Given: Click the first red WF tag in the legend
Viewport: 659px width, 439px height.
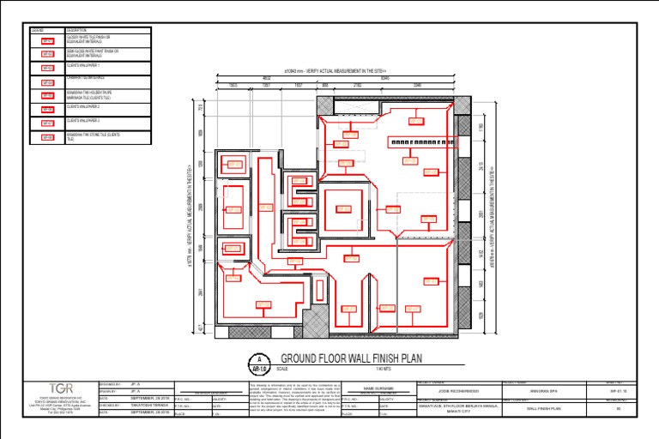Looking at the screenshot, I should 47,41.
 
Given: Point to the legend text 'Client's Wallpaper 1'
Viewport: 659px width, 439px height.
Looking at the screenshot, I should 83,65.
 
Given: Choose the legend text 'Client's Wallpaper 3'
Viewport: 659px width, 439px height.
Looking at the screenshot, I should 83,122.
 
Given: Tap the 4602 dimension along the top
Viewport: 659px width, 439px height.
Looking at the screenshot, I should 266,80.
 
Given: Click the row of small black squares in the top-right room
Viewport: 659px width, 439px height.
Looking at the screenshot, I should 420,141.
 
